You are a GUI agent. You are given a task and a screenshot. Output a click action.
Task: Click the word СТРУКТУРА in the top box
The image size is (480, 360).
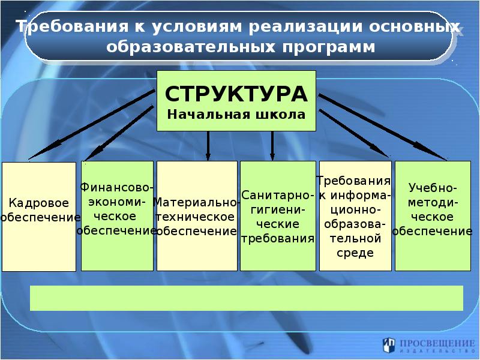click(x=236, y=94)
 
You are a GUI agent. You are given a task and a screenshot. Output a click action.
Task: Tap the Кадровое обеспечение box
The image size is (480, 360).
click(x=39, y=216)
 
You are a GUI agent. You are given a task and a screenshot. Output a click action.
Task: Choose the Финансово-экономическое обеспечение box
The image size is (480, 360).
click(x=117, y=215)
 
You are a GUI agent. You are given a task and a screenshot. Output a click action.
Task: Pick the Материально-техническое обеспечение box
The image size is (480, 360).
click(x=195, y=215)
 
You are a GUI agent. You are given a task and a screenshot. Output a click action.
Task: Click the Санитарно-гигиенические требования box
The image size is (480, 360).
click(x=278, y=215)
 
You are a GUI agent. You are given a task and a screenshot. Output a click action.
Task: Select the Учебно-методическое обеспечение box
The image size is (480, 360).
click(x=432, y=215)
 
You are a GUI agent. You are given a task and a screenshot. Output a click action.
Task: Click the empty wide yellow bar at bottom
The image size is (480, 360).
click(x=246, y=298)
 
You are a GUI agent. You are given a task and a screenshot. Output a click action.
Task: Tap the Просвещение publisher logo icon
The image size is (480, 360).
click(x=389, y=345)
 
